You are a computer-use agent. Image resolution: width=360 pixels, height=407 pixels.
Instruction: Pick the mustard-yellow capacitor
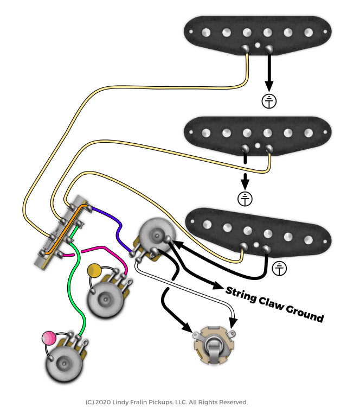click(x=94, y=269)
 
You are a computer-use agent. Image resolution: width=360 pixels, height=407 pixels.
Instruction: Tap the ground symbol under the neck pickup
click(x=269, y=100)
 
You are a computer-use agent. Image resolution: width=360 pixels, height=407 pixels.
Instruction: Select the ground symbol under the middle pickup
click(x=245, y=199)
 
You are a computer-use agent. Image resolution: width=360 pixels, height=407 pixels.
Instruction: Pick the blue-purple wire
click(x=114, y=224)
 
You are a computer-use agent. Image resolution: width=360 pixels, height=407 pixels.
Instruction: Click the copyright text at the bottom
click(x=166, y=402)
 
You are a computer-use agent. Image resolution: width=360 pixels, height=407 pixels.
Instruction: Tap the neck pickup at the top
click(x=257, y=34)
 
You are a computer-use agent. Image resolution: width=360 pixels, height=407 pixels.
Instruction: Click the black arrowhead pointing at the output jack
click(x=188, y=327)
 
